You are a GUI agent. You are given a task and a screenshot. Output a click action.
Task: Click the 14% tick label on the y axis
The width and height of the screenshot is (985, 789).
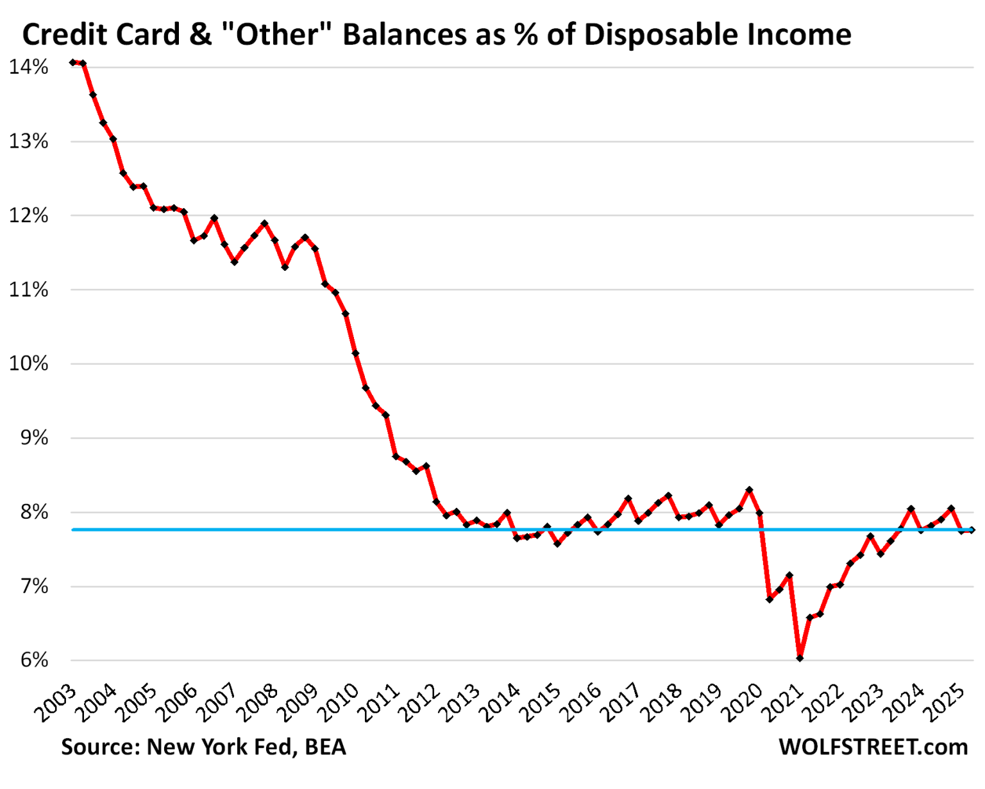pos(28,67)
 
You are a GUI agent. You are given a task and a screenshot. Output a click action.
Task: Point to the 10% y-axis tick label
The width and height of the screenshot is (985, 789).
pos(28,364)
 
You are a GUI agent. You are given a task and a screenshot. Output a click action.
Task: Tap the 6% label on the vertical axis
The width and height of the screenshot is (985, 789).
pos(35,660)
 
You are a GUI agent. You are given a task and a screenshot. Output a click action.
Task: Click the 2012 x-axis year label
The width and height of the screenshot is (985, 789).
pos(419,704)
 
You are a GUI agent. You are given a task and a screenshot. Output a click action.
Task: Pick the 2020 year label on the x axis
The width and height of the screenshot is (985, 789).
pos(741,704)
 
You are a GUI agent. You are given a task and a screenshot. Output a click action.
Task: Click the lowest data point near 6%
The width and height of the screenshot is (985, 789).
pos(800,658)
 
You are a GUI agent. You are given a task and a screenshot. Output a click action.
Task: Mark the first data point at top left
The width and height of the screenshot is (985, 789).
pos(72,62)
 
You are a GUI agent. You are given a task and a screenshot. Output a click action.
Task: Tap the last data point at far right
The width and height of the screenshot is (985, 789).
pos(972,530)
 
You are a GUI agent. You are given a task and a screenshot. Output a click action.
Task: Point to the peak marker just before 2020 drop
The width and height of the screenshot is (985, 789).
pos(749,490)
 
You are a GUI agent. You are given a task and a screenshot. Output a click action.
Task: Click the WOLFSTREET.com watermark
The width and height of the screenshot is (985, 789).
pos(873,747)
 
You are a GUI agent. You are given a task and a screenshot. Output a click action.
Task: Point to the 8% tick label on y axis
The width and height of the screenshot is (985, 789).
pos(35,512)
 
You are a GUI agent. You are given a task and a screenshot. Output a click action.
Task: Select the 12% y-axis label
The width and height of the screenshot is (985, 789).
pos(28,215)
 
